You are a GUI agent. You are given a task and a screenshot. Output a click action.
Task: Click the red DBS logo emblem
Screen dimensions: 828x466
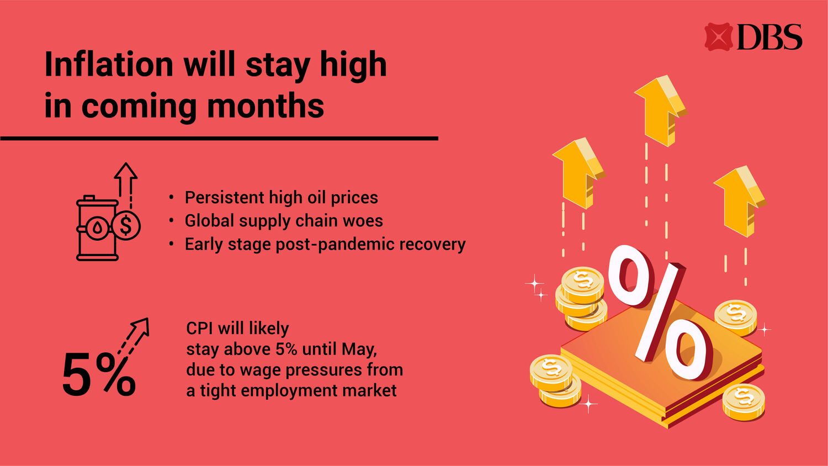(x=718, y=36)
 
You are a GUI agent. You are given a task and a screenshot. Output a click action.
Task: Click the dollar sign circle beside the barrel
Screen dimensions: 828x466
(x=126, y=226)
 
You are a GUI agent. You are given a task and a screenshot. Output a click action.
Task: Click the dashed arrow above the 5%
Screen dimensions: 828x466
(x=134, y=336)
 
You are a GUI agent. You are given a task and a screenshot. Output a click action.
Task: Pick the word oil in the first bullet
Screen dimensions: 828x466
(x=315, y=198)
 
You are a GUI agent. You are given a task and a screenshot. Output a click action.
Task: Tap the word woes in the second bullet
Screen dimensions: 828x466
(x=363, y=221)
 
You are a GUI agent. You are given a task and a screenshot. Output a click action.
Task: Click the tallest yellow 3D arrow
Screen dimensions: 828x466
(x=661, y=110)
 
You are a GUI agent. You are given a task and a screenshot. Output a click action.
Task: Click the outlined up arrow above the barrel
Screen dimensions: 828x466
(x=126, y=185)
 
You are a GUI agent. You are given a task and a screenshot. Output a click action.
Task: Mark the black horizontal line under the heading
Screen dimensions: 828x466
(x=219, y=139)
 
